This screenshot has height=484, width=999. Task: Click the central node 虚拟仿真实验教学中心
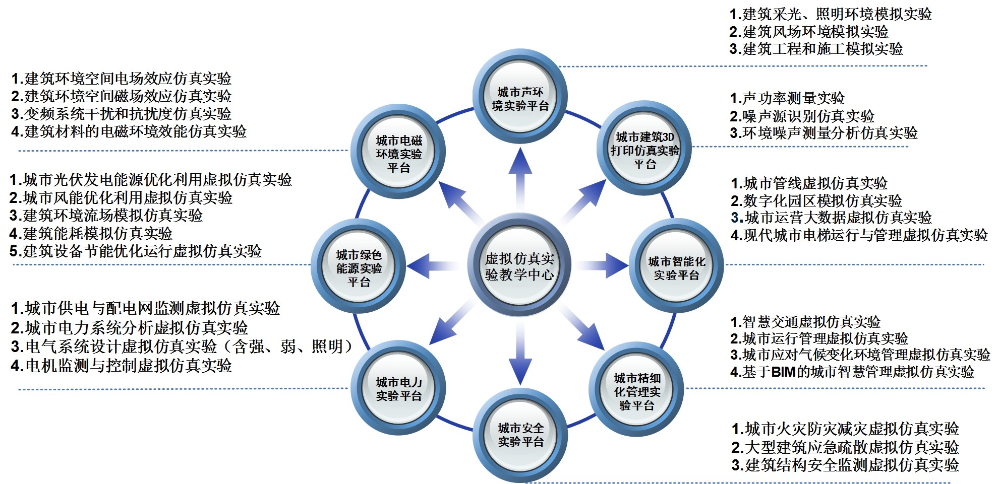(519, 265)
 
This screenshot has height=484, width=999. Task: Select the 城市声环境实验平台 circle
(520, 98)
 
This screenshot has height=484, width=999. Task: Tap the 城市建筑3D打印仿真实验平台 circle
(644, 150)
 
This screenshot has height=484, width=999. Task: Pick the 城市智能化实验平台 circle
(676, 267)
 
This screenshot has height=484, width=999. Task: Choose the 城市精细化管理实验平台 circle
(637, 391)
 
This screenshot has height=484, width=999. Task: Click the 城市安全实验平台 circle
(520, 435)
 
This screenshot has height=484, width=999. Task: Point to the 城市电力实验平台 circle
(398, 388)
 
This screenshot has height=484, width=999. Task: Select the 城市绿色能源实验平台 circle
(359, 267)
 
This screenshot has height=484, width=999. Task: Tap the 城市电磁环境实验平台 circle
(398, 153)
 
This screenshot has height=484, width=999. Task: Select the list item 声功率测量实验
(787, 98)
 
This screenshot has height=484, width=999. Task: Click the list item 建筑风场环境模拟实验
(809, 32)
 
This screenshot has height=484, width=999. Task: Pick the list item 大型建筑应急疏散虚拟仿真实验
(845, 447)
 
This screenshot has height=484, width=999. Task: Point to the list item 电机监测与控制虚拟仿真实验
(122, 366)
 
